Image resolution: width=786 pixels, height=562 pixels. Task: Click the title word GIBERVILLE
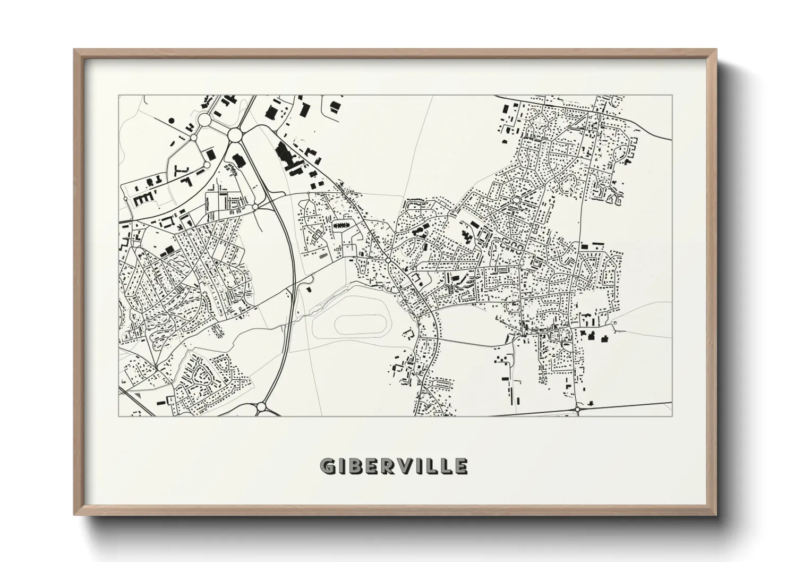[394, 466]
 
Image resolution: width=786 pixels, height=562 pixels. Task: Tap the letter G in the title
[328, 466]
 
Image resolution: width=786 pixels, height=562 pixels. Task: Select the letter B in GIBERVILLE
[357, 466]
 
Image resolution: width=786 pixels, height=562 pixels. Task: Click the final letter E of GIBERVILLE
[460, 466]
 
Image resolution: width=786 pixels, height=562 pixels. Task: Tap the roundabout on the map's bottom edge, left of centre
[261, 407]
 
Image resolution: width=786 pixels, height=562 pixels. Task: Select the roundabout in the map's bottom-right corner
[577, 409]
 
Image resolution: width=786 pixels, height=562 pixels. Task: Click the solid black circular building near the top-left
[172, 121]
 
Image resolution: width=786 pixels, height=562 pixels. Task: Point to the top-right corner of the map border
[672, 96]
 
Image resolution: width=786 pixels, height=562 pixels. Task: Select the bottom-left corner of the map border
[118, 416]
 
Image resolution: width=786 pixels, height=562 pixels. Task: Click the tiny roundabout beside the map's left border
[125, 199]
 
